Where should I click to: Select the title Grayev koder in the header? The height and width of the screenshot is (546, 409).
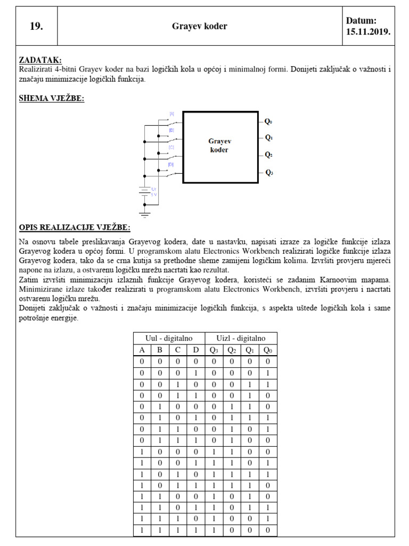(200, 26)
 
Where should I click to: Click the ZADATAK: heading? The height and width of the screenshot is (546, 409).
(40, 60)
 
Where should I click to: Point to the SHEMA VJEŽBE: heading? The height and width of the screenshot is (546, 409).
(51, 98)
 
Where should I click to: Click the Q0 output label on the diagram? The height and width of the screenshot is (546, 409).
(269, 121)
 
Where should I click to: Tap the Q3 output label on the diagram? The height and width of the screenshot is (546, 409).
(269, 172)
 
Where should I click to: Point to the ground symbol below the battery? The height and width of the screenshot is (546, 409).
(144, 214)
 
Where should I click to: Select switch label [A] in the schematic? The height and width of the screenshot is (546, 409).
(171, 114)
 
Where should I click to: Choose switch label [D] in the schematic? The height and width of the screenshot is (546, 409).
(171, 165)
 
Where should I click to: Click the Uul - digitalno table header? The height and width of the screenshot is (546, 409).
(169, 339)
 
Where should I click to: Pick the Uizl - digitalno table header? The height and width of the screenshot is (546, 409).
(241, 339)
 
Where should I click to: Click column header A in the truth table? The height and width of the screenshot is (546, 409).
(142, 350)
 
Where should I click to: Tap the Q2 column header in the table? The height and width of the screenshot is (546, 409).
(232, 350)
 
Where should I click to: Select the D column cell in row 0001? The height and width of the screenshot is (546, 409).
(196, 373)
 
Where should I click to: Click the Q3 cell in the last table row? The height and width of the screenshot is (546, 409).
(214, 530)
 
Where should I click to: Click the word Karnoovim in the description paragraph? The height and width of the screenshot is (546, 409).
(332, 280)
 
